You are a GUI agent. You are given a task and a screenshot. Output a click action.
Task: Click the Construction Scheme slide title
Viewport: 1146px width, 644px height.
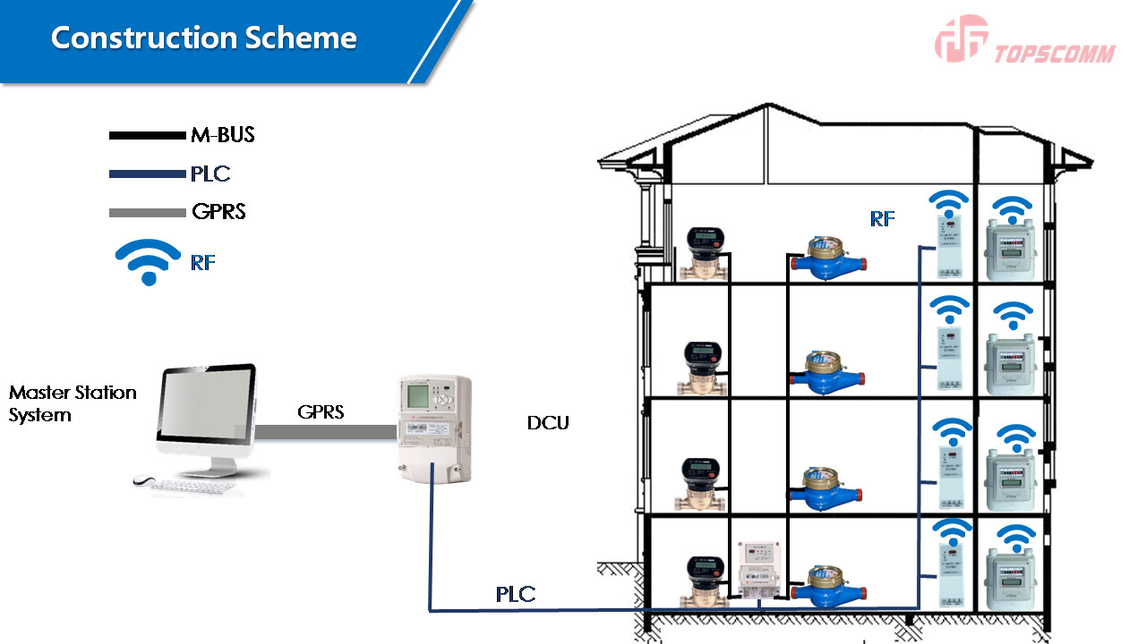203,38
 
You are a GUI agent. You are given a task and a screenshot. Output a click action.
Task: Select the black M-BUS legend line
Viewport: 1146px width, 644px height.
146,136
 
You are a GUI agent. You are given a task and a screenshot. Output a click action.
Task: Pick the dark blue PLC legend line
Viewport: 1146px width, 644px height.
146,174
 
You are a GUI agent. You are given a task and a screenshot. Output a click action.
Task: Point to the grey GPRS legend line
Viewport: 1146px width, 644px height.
146,213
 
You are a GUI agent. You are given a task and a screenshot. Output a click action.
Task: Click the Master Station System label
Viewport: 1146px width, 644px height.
73,403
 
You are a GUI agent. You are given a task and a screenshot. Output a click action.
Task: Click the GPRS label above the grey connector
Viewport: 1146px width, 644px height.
321,412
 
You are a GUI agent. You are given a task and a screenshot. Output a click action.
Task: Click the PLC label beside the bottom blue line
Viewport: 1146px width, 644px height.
516,594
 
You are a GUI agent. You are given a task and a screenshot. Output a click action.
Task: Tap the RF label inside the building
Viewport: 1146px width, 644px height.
882,218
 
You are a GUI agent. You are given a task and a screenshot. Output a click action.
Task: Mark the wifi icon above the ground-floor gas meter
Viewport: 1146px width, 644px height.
1016,538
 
